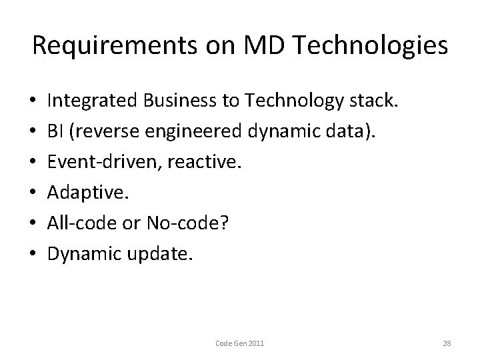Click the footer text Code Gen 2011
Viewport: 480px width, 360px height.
239,343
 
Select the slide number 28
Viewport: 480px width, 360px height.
447,343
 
